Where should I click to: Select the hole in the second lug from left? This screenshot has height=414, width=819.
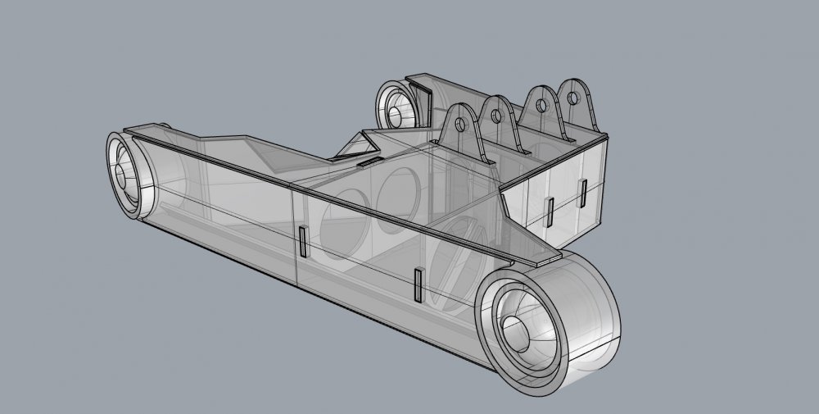(x=495, y=117)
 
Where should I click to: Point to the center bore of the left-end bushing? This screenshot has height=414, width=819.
(x=123, y=175)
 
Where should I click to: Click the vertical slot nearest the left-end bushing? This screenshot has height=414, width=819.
(x=303, y=243)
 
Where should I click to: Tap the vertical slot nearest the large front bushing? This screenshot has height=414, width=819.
(x=419, y=285)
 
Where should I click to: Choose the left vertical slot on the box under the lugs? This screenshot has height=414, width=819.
(x=550, y=211)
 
